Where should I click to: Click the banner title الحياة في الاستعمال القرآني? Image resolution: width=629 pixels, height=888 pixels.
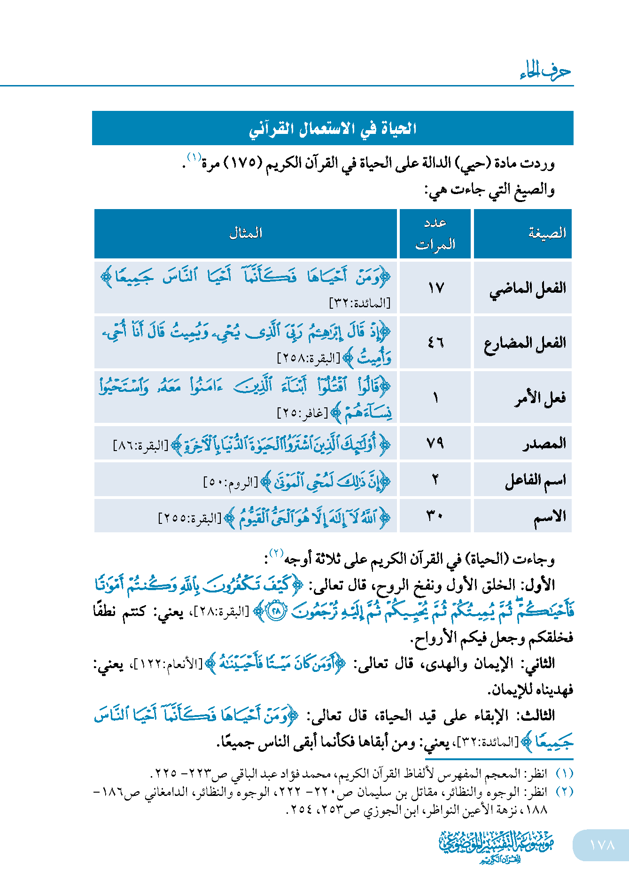coord(333,128)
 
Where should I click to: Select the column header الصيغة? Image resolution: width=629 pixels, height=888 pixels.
coord(547,233)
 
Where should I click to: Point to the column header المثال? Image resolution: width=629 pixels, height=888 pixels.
coord(245,233)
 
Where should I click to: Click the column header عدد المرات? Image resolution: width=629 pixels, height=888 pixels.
coord(435,234)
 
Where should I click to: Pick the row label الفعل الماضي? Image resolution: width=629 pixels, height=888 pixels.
coord(528,288)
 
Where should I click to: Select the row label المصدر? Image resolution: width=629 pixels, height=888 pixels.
coord(544,444)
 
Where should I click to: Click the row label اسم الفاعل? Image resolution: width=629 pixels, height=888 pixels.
coord(535,480)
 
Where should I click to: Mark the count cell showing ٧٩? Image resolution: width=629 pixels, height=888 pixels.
coord(435,443)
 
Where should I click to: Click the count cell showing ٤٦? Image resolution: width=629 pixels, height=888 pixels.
coord(435,343)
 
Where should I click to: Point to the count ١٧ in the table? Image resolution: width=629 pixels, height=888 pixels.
coord(435,288)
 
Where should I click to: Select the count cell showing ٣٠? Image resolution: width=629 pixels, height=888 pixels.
coord(435,516)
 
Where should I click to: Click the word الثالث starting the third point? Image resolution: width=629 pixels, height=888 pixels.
coord(536,716)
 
